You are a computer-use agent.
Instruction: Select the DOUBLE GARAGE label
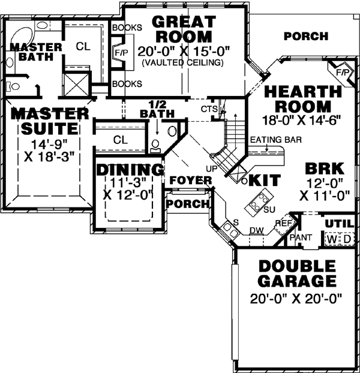click(x=296, y=273)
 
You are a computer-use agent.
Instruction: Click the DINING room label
click(x=130, y=170)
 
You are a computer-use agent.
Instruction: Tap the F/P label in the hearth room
click(x=343, y=73)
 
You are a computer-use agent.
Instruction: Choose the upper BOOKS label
click(x=127, y=28)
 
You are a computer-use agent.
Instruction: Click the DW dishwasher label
click(x=256, y=230)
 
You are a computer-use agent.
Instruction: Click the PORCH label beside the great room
click(x=306, y=36)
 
